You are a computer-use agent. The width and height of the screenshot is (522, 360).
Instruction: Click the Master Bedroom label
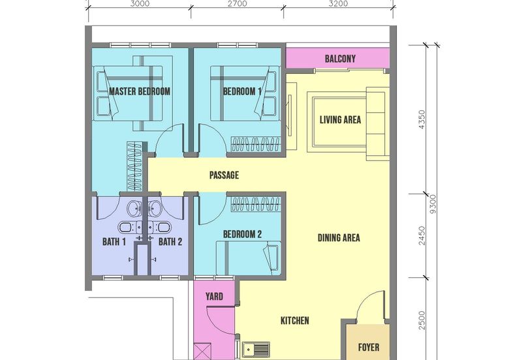coord(140,91)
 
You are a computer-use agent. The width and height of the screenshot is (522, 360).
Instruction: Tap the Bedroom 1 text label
coord(242,91)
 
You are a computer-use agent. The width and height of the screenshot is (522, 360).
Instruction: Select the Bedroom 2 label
coord(242,234)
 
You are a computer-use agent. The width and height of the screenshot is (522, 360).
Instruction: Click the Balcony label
coord(340,59)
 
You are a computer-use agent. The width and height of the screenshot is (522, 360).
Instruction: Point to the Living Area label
coord(340,120)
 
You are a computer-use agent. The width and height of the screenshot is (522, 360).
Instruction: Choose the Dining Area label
coord(339,238)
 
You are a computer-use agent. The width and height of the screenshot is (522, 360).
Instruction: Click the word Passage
coord(224,175)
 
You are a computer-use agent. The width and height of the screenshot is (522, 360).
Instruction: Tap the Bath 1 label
coord(114,242)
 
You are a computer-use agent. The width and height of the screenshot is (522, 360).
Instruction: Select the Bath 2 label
coord(170,242)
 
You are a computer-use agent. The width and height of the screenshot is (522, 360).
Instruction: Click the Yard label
coord(215,297)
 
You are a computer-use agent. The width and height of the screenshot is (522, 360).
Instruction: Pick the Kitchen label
coord(294,321)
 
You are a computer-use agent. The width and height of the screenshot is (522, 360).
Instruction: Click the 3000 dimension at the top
coord(140,3)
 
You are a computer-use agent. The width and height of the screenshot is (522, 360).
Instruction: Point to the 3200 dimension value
coord(339,3)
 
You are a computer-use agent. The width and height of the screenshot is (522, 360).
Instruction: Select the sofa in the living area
coord(376,125)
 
